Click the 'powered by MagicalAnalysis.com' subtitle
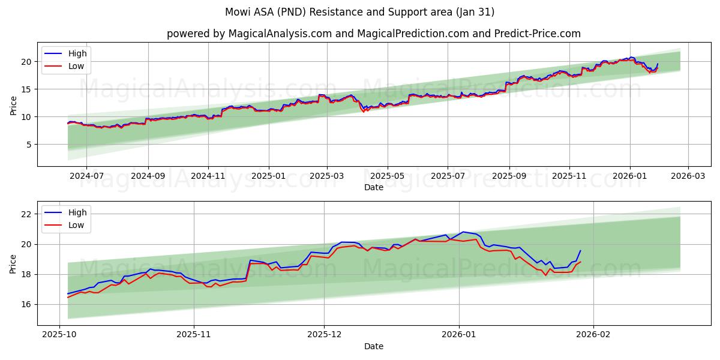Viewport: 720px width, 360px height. [x=373, y=34]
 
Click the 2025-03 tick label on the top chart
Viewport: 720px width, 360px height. [x=327, y=176]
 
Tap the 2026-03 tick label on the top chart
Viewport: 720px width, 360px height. [x=688, y=176]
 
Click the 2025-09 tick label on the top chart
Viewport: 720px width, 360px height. [x=509, y=176]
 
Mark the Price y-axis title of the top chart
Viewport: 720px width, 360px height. [x=13, y=104]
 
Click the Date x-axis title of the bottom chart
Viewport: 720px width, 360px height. [x=373, y=347]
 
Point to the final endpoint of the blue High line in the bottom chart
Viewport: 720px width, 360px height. [x=580, y=250]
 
